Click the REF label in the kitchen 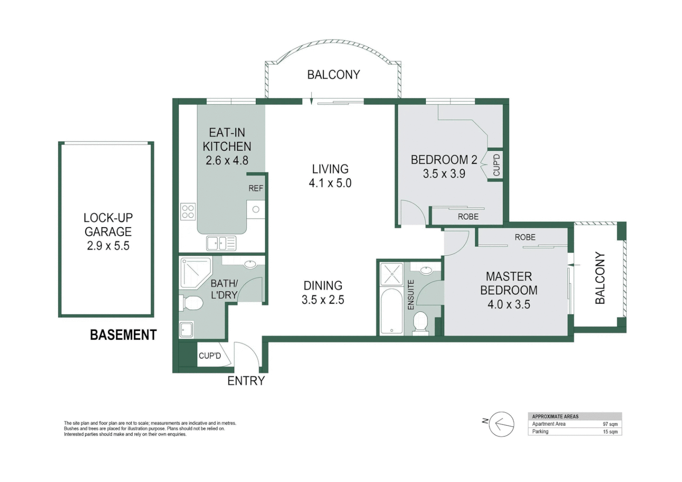(256, 188)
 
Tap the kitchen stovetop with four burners (188, 212)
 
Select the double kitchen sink (221, 244)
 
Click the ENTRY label (246, 381)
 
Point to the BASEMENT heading (123, 335)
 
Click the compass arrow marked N (501, 424)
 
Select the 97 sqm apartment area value (610, 424)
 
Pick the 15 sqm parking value (610, 432)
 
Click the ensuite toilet (420, 322)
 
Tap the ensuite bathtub (391, 311)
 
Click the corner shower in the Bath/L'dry (194, 272)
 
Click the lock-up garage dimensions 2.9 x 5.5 (108, 245)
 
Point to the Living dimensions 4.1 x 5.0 (330, 183)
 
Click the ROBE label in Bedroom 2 (468, 216)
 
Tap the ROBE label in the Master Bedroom (524, 237)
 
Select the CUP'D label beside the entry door (209, 356)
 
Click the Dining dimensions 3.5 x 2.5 (323, 299)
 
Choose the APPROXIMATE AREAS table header (555, 416)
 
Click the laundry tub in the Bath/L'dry (187, 329)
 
